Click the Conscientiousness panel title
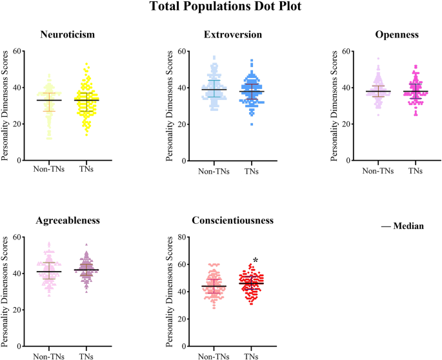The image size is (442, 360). pyautogui.click(x=233, y=220)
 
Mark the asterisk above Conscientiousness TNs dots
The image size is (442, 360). pyautogui.click(x=256, y=261)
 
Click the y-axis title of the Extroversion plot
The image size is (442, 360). pyautogui.click(x=169, y=105)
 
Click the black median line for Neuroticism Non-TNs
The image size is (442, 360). pyautogui.click(x=49, y=101)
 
